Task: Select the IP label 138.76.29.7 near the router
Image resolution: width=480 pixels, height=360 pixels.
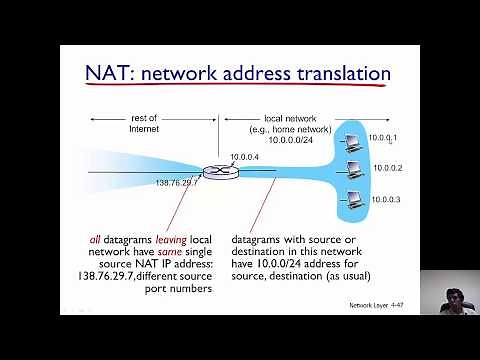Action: coord(177,183)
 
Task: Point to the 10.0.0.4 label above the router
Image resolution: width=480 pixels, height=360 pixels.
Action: coord(243,156)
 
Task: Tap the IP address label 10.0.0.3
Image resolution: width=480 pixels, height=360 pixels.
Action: coord(385,200)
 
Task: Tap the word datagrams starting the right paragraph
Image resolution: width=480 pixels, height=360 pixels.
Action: coord(262,244)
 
